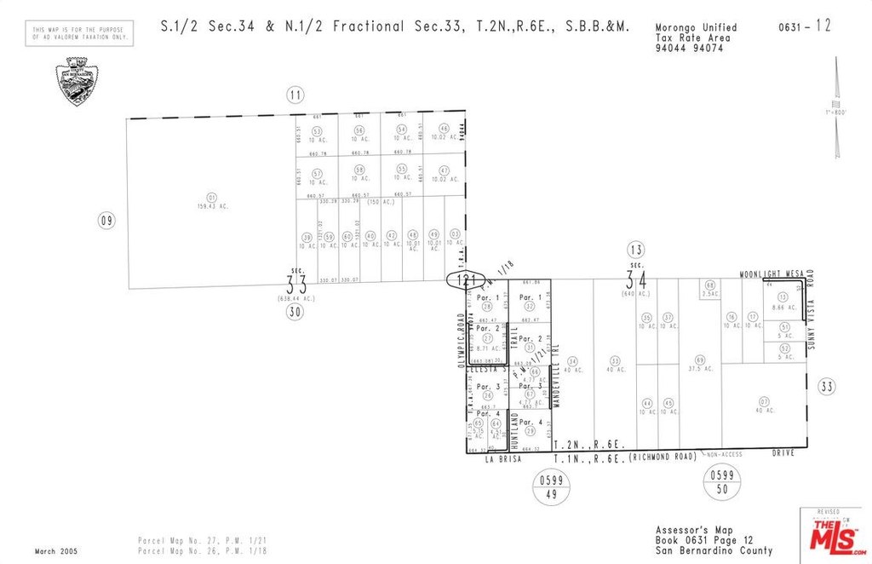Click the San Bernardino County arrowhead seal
pyautogui.click(x=77, y=82)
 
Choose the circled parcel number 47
pyautogui.click(x=444, y=170)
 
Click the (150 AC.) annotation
pyautogui.click(x=380, y=202)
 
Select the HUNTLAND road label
pyautogui.click(x=514, y=429)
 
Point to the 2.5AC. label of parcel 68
pyautogui.click(x=709, y=294)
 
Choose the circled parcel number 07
pyautogui.click(x=764, y=400)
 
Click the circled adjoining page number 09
pyautogui.click(x=106, y=221)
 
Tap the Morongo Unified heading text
pyautogui.click(x=697, y=28)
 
